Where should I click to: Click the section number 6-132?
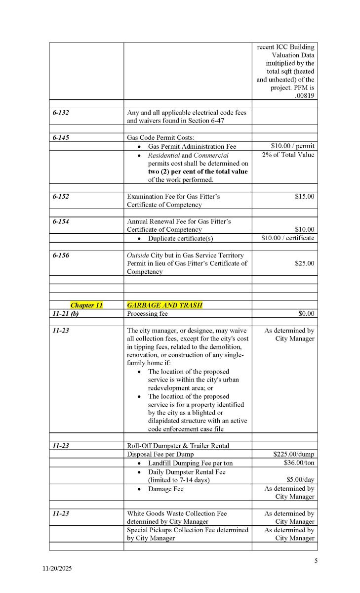[x=61, y=113]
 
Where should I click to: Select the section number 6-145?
[x=61, y=137]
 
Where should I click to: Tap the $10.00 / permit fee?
[x=292, y=146]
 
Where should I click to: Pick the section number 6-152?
[x=61, y=196]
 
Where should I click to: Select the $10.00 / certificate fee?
[x=287, y=238]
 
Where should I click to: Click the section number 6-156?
[x=61, y=255]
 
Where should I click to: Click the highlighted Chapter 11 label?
[x=86, y=305]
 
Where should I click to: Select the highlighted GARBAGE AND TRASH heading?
[x=164, y=305]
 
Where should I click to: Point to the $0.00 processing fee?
[x=306, y=313]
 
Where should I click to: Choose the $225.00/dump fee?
[x=293, y=454]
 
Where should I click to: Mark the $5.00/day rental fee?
[x=300, y=479]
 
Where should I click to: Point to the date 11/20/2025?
[x=57, y=569]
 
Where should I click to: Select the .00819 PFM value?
[x=303, y=96]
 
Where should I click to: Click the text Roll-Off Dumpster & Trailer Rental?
[x=178, y=445]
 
